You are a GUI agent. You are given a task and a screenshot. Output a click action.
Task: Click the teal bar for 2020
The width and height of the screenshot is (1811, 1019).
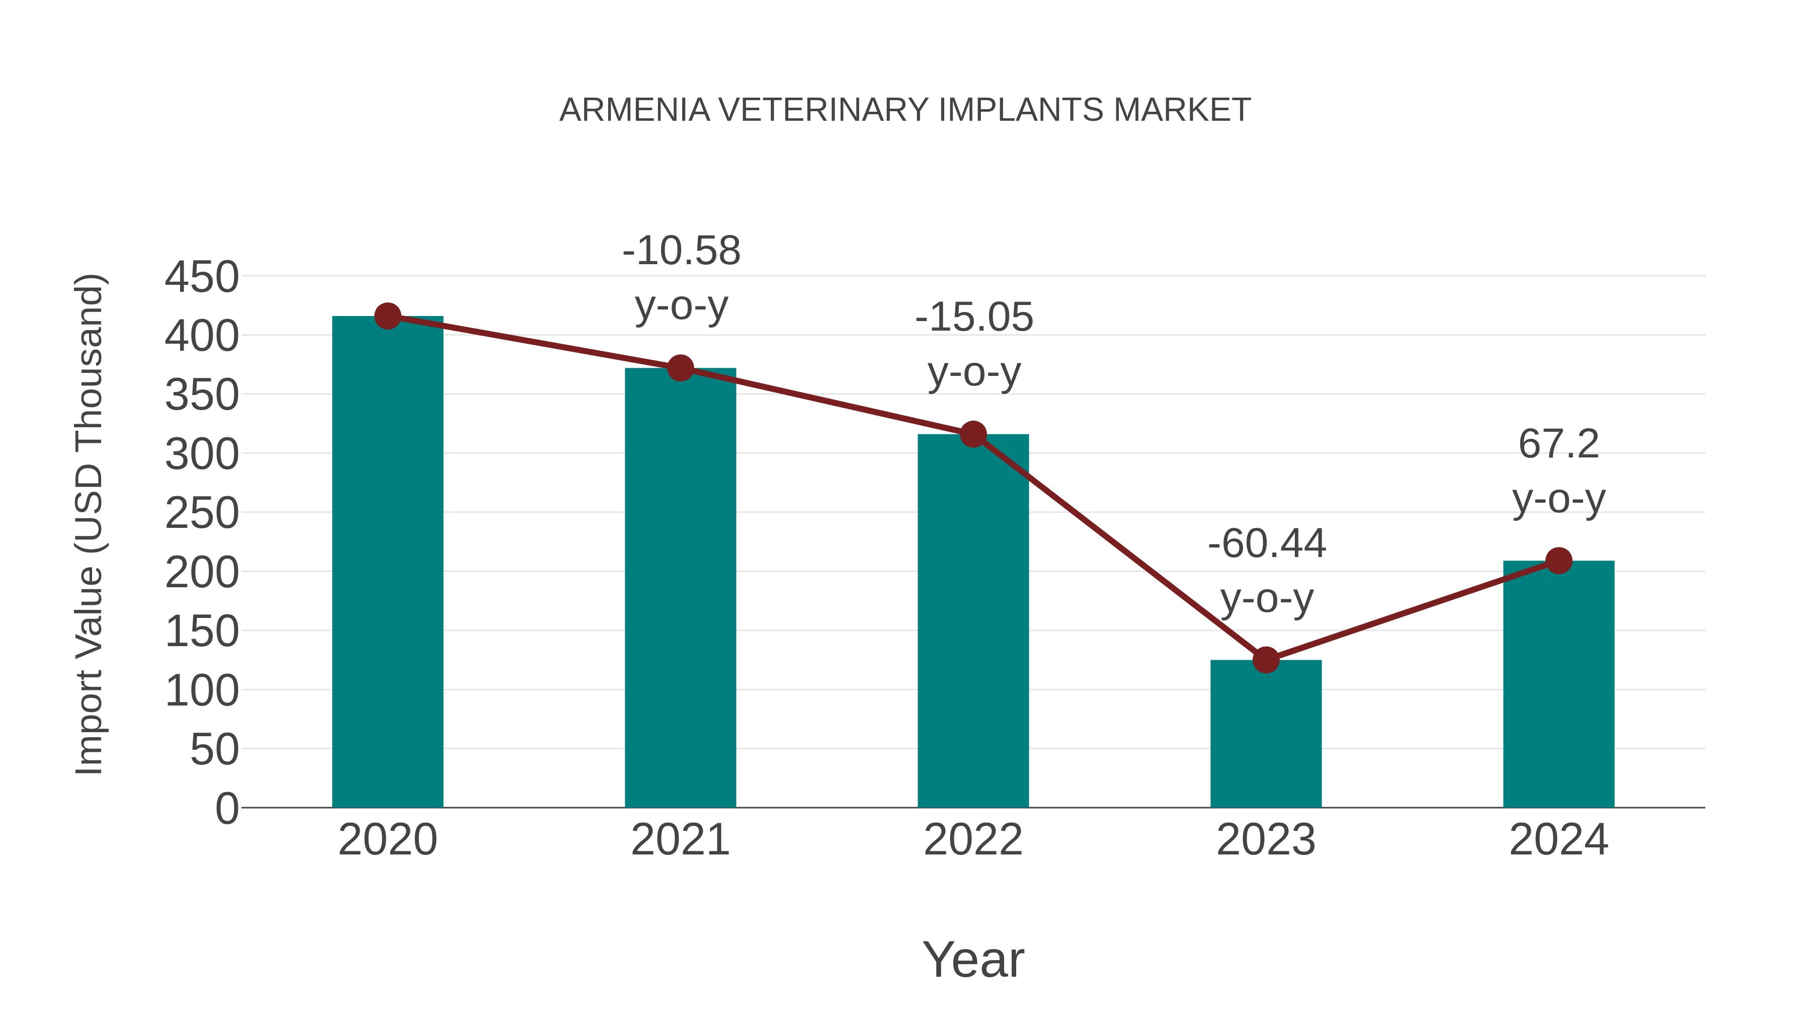[387, 563]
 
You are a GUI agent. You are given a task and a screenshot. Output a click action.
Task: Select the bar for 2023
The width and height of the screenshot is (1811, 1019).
[1266, 735]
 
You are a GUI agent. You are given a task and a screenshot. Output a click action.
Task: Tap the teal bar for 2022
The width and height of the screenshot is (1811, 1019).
[973, 622]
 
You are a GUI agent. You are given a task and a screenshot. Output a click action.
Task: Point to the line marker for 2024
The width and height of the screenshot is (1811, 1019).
[1558, 561]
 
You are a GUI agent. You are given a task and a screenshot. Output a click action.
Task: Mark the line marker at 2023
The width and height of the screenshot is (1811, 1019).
[1266, 660]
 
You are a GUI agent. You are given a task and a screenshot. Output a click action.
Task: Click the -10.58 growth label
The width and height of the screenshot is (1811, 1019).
[681, 251]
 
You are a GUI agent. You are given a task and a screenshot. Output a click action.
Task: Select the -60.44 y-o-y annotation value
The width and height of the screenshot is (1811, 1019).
[1267, 543]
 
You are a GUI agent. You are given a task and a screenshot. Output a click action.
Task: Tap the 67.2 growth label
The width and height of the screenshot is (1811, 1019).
[1558, 444]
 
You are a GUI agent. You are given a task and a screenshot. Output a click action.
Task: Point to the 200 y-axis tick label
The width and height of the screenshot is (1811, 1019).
[202, 573]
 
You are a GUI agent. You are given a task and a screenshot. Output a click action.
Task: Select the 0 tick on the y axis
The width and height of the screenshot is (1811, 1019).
[226, 808]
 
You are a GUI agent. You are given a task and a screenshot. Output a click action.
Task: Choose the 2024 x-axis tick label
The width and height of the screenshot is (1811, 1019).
[1558, 840]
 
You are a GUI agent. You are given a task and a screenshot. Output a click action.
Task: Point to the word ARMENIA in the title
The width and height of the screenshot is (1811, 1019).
[634, 110]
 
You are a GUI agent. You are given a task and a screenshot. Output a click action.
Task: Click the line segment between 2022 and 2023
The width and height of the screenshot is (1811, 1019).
[1119, 547]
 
